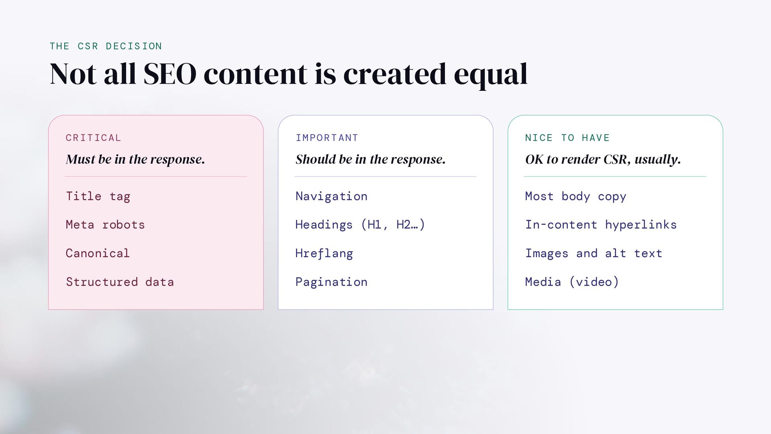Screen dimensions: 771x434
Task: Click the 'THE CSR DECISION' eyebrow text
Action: [106, 46]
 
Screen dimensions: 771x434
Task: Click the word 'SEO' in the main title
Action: [170, 74]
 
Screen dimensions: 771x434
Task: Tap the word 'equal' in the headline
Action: [490, 76]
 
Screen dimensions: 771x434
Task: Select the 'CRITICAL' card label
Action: [93, 138]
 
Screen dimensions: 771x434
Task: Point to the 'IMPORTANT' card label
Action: [327, 138]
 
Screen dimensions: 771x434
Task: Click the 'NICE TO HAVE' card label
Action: [567, 138]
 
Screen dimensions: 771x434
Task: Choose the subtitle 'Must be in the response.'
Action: [135, 160]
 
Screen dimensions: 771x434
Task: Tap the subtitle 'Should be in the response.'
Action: [370, 160]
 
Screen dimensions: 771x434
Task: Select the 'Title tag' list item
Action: [98, 197]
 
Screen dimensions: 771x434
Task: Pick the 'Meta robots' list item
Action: [105, 224]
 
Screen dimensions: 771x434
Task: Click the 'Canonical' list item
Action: [98, 253]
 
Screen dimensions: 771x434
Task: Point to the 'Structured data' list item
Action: [120, 282]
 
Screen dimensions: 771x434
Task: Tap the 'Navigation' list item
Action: [331, 197]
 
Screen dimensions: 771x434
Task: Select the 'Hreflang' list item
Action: [324, 253]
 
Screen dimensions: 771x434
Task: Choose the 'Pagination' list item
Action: [331, 282]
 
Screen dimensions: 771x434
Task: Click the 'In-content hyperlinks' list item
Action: [601, 225]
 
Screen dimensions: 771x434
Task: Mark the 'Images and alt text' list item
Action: [594, 253]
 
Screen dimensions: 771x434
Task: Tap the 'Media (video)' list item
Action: [572, 282]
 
